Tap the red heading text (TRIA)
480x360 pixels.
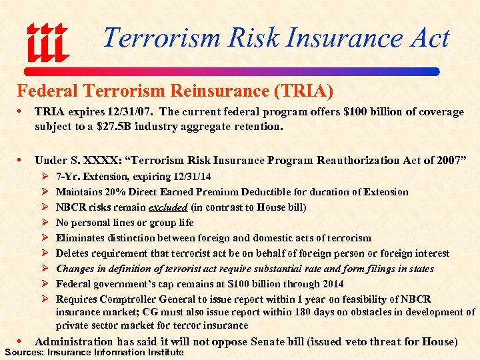pos(305,90)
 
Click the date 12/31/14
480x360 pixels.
pos(190,177)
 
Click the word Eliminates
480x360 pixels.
pos(81,238)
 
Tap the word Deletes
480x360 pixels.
pos(73,253)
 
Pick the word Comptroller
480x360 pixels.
pos(133,299)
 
